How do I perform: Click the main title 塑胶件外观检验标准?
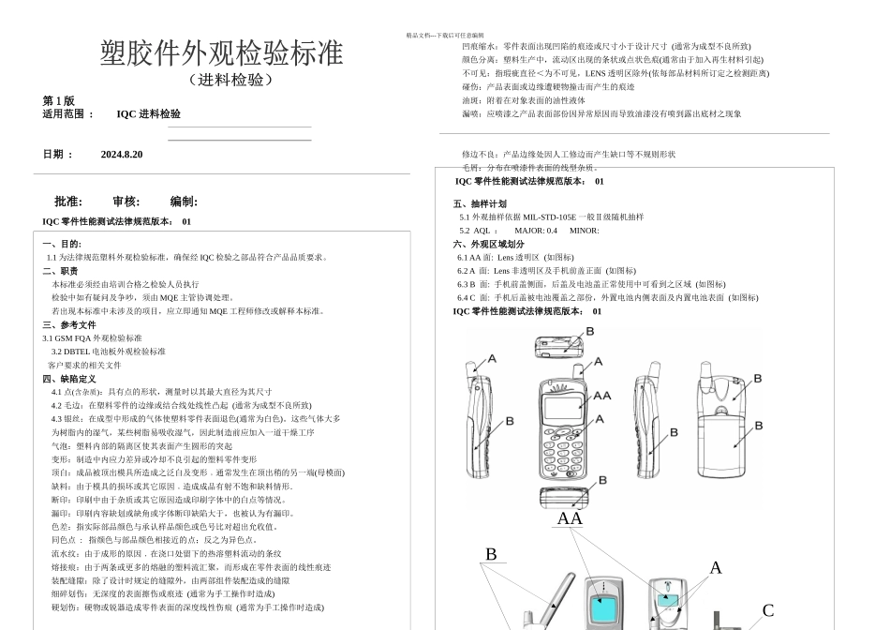(221, 53)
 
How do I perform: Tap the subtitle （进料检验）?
(230, 80)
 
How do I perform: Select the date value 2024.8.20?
(122, 154)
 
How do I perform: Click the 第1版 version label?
(59, 100)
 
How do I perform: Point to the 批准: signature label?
(68, 202)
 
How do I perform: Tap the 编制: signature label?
(184, 202)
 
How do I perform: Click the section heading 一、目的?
(62, 244)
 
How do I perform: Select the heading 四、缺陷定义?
(69, 379)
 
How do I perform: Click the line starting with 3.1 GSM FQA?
(92, 338)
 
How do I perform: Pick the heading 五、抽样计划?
(480, 203)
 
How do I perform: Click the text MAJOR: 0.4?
(536, 231)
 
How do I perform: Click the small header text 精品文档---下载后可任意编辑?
(445, 36)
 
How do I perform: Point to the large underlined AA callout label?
(570, 518)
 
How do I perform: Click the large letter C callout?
(768, 611)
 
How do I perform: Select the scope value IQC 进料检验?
(149, 114)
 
